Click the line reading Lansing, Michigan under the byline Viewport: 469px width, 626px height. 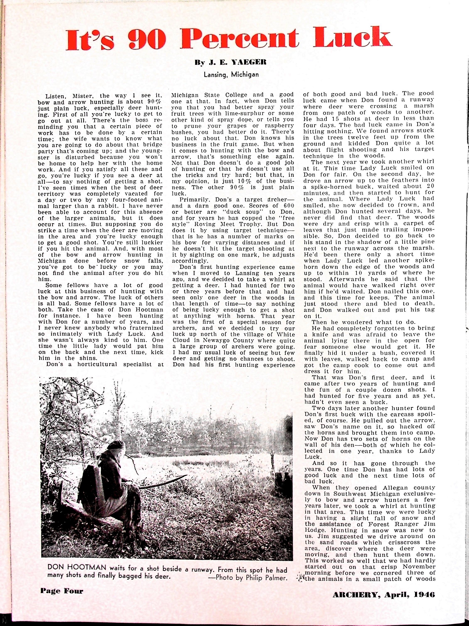click(x=231, y=75)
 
